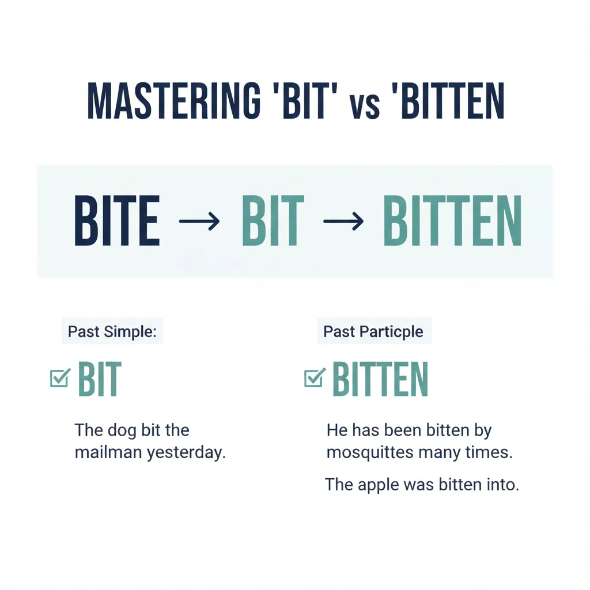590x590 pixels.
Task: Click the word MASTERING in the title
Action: (x=172, y=103)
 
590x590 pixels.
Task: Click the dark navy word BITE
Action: (x=117, y=221)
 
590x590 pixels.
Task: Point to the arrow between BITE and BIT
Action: (x=199, y=221)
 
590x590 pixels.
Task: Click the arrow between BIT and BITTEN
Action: (x=343, y=221)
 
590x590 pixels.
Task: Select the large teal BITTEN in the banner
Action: (x=452, y=221)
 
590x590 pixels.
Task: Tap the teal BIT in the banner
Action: (x=273, y=221)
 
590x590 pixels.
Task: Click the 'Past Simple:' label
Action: (x=112, y=332)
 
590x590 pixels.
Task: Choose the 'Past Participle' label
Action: (x=373, y=332)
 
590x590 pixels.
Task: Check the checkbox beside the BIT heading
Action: (x=60, y=378)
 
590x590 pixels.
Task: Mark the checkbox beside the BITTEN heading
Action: (x=314, y=378)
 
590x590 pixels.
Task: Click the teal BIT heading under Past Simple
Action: (x=100, y=379)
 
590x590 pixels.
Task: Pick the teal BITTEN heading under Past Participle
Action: (x=380, y=379)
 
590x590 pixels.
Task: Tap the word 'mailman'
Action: (x=108, y=452)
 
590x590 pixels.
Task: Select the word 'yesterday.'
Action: (x=186, y=453)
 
